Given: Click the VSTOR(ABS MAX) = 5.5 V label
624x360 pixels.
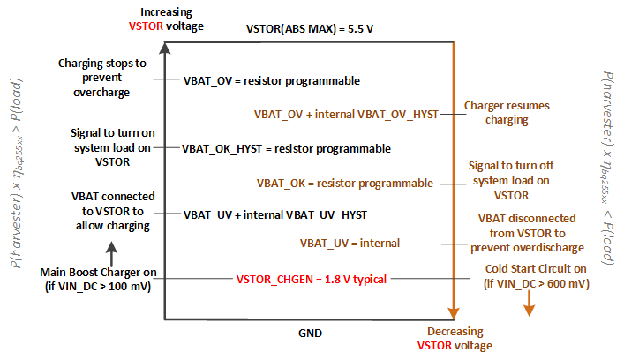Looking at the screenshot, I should pyautogui.click(x=310, y=27).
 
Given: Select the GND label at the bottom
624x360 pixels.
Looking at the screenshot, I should pyautogui.click(x=310, y=334).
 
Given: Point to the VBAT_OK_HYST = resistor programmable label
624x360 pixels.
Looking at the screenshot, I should pyautogui.click(x=286, y=148).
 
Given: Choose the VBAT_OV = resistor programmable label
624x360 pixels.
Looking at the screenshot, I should pyautogui.click(x=271, y=80).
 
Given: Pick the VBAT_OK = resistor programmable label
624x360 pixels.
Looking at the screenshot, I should pyautogui.click(x=345, y=183).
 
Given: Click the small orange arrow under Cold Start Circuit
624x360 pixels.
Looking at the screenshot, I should pyautogui.click(x=529, y=305).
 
